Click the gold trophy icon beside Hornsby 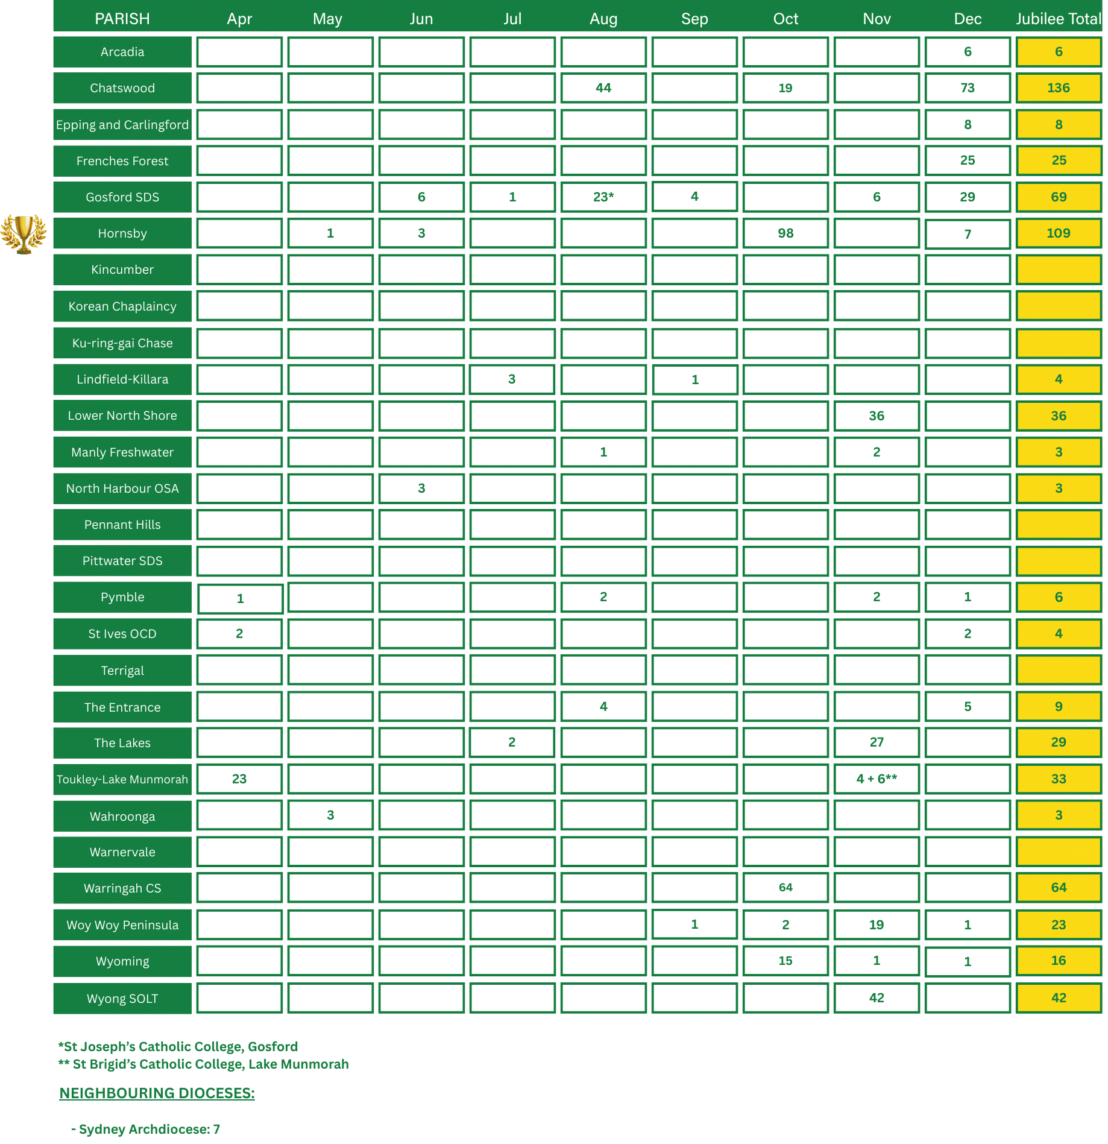coord(24,234)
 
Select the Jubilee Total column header coord(1058,19)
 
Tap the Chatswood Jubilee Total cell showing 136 coord(1058,88)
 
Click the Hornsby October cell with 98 coord(785,233)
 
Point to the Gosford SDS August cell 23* coord(603,197)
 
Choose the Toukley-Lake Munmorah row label coord(122,779)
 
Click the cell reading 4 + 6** coord(876,779)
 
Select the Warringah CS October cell coord(785,888)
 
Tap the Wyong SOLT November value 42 coord(876,997)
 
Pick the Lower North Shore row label coord(122,416)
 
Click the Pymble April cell coord(240,598)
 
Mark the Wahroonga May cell coord(330,815)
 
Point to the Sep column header coord(694,19)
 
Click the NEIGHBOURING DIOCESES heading coord(157,1093)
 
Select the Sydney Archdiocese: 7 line coord(145,1129)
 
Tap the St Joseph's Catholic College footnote coord(178,1046)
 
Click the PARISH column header coord(122,19)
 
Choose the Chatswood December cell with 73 coord(967,88)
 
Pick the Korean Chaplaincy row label coord(122,306)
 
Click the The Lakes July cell coord(512,742)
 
